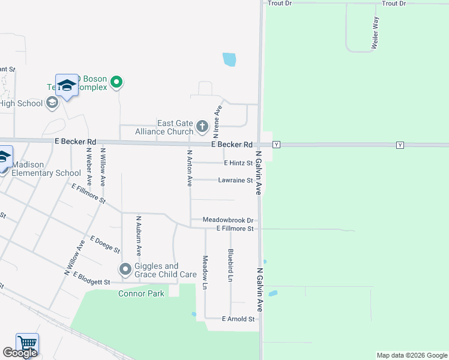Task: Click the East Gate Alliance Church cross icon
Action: (202, 127)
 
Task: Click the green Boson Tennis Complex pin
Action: (118, 83)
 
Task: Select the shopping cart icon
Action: (27, 344)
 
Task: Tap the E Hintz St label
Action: (238, 163)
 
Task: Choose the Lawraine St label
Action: (235, 179)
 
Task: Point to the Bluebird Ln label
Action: (231, 265)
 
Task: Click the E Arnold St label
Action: (239, 319)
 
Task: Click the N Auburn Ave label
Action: (138, 236)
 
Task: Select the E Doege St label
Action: (105, 243)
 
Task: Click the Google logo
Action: (20, 353)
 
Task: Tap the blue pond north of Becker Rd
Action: (229, 59)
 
